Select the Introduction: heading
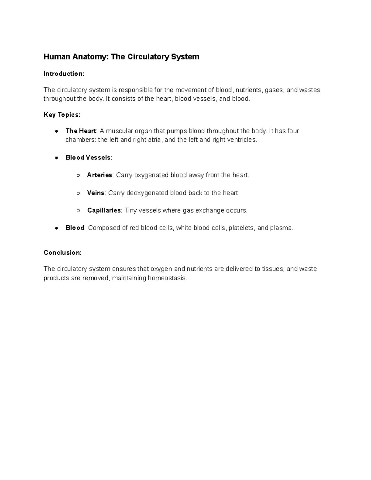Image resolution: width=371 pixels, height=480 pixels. tap(64, 74)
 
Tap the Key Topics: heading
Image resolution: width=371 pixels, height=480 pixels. tap(62, 115)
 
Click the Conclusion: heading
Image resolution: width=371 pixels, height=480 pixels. tap(62, 253)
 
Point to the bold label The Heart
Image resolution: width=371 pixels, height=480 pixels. tap(81, 131)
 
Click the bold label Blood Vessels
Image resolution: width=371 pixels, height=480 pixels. tap(88, 158)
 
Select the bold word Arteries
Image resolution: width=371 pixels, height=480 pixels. tap(99, 175)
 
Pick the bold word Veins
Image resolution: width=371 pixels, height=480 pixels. tap(96, 193)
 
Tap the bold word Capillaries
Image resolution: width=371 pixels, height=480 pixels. tap(104, 210)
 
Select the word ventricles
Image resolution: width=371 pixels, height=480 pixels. tap(241, 140)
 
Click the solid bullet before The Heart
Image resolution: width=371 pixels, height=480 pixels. tap(57, 131)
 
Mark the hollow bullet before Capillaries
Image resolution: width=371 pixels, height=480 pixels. tap(78, 210)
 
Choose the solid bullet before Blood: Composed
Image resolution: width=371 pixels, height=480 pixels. tap(57, 228)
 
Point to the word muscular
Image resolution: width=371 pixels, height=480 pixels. tap(119, 131)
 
